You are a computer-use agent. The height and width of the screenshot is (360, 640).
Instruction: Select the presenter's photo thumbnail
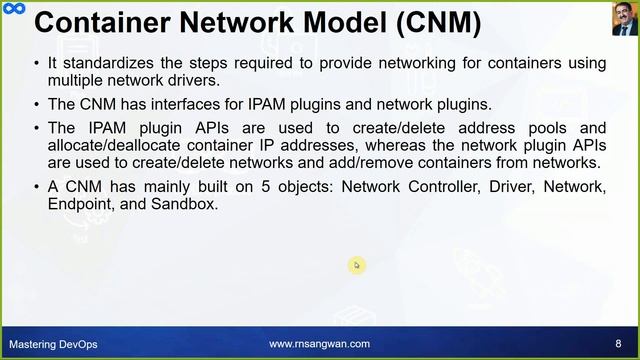tap(624, 18)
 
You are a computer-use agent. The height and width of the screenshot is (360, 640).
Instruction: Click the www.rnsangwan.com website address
tap(319, 344)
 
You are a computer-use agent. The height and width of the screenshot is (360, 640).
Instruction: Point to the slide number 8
tap(618, 344)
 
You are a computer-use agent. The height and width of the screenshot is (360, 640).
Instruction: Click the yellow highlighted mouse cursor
tap(357, 265)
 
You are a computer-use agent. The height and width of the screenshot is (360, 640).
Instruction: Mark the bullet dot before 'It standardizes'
tap(37, 63)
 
